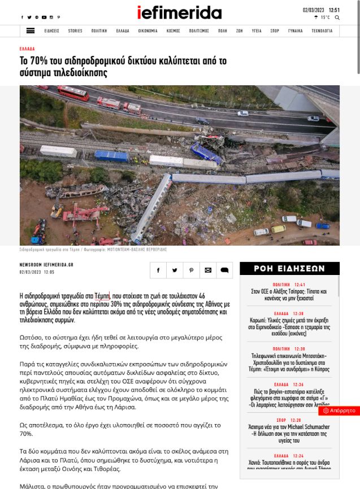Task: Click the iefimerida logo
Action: pos(179,12)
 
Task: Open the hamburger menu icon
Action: pos(31,31)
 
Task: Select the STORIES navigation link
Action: pos(75,31)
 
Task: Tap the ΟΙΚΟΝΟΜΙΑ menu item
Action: pos(148,31)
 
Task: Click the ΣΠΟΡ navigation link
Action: pos(275,31)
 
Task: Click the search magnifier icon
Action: pos(337,18)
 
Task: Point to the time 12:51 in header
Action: pos(335,10)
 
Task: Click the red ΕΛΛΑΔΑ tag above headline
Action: pos(27,49)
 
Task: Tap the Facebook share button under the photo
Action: pos(158,270)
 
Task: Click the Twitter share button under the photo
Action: pos(175,270)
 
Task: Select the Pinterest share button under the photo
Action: pos(191,270)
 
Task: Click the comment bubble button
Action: pos(224,270)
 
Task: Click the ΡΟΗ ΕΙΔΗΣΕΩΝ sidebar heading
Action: pos(289,269)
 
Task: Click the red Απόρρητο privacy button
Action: pos(339,411)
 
